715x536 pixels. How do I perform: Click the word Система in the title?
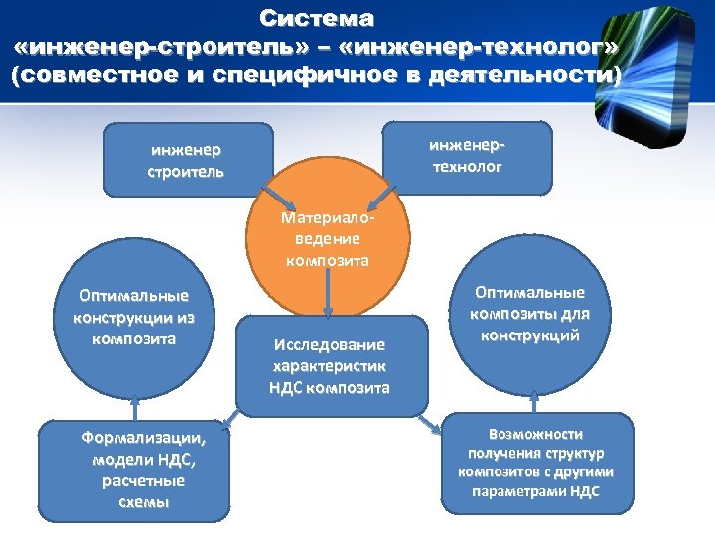coord(317,18)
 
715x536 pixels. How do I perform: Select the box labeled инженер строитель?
coord(188,159)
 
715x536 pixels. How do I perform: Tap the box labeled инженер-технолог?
coord(467,157)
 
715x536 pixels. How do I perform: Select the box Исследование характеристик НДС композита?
coord(331,365)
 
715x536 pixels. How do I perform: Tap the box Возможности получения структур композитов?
coord(536,464)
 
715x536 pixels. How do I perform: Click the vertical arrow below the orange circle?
coord(329,298)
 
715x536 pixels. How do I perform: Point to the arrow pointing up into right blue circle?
coord(536,398)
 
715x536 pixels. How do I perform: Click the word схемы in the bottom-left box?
coord(143,502)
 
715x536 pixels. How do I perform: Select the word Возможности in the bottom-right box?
coord(536,435)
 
